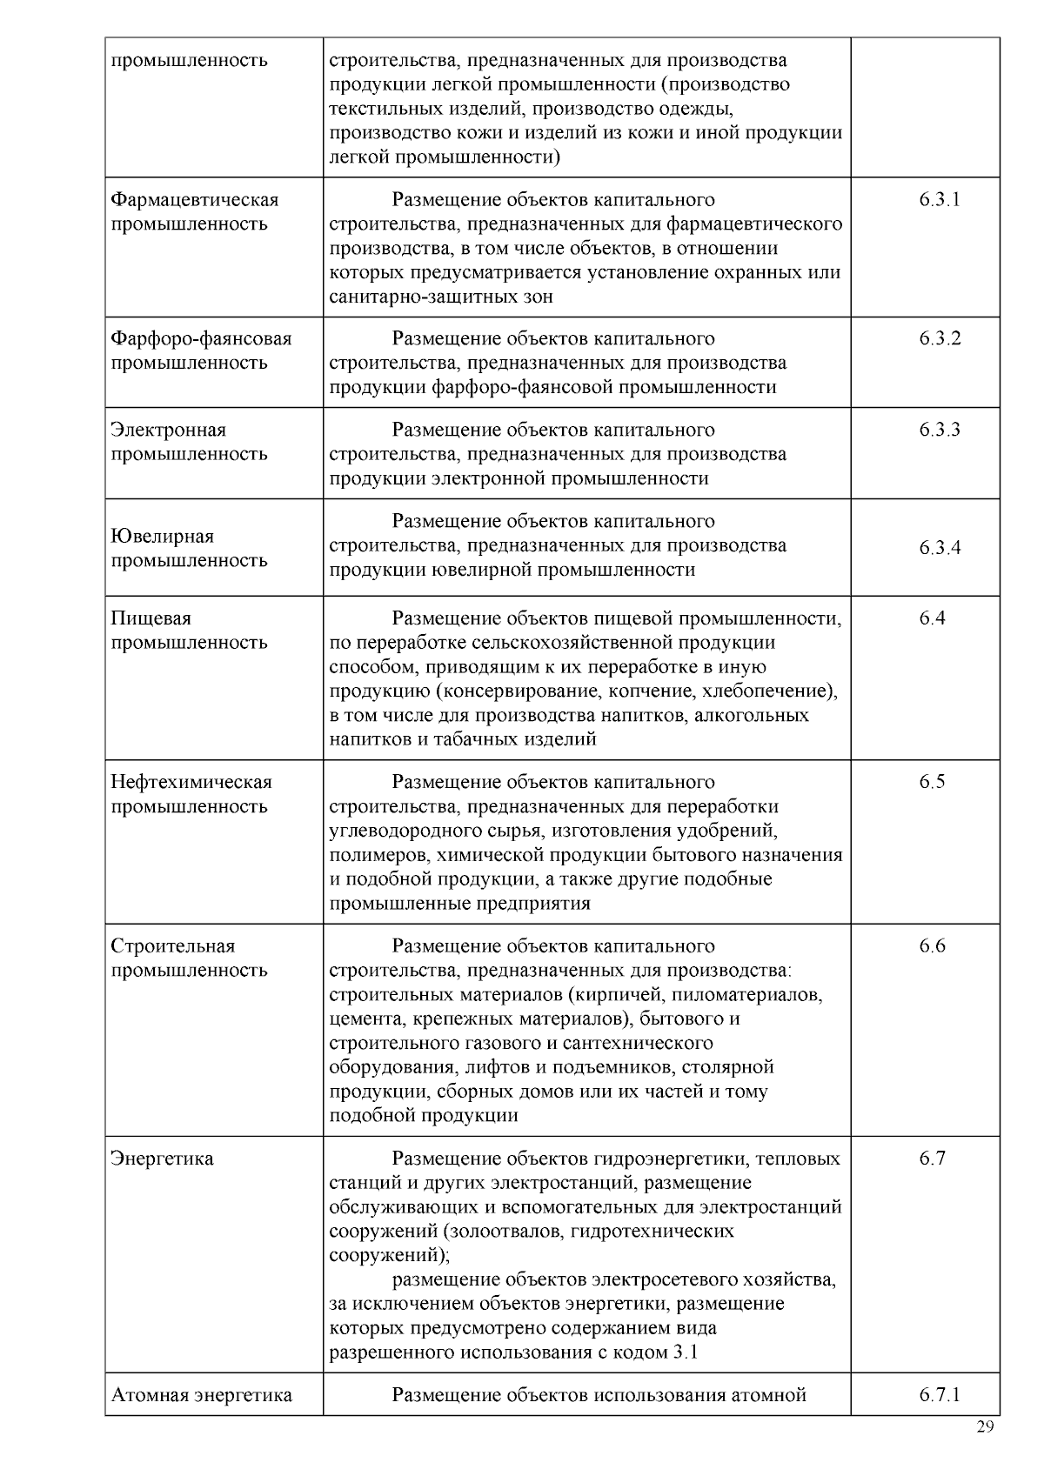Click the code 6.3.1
pos(939,200)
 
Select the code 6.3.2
pos(940,339)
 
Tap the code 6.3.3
pos(940,431)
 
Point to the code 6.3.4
pos(940,548)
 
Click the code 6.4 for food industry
pos(932,618)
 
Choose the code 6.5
pos(932,782)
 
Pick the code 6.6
pos(932,946)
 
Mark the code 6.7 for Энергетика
pos(932,1159)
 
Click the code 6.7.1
pos(940,1395)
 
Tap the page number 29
pos(985,1427)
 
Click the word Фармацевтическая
pos(195,200)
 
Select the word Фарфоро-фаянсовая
pos(201,339)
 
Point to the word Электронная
pos(168,431)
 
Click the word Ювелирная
pos(162,537)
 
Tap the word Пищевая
pos(151,618)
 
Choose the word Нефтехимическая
pos(191,782)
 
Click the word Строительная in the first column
pos(173,946)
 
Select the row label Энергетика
pos(162,1159)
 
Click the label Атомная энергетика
pos(201,1395)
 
